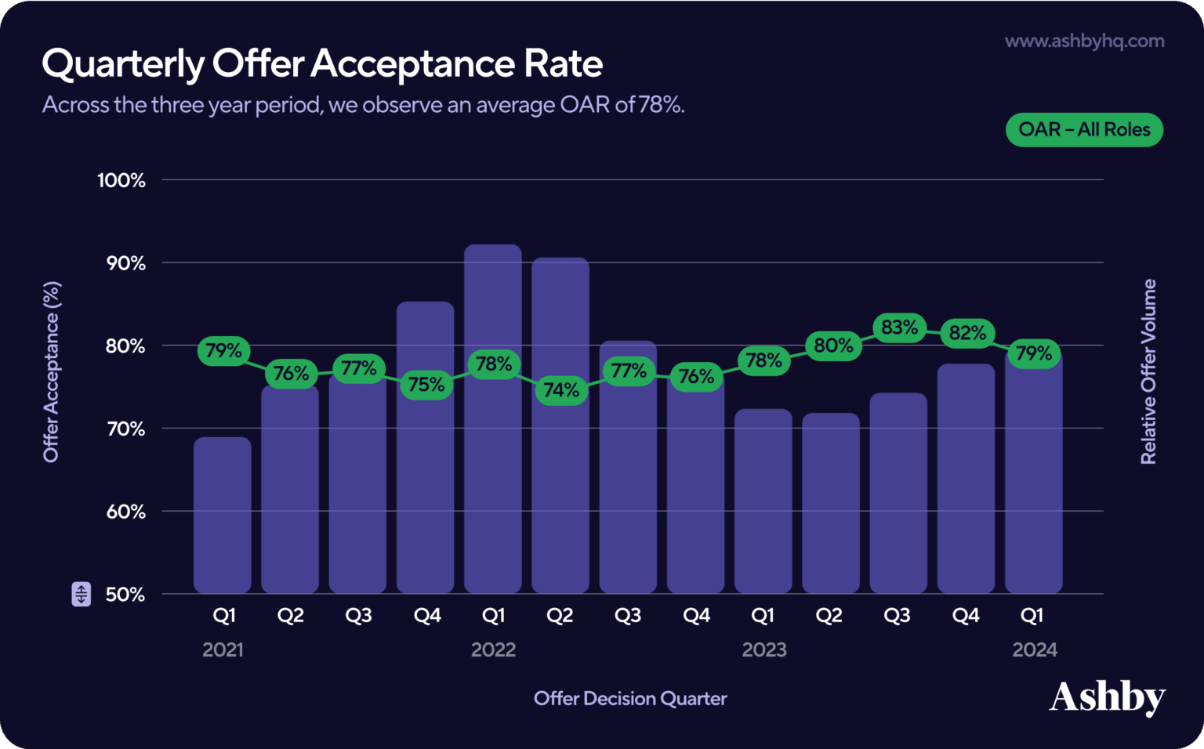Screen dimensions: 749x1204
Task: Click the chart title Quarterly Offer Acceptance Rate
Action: [322, 63]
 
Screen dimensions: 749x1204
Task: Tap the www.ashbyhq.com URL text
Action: [1084, 41]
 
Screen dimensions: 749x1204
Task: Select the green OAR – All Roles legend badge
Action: [1084, 130]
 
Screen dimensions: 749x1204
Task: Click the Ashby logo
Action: [1107, 697]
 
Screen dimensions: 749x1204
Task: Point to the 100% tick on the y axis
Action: [121, 180]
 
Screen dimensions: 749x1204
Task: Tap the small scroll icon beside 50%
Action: [82, 594]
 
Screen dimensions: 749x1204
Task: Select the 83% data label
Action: [899, 327]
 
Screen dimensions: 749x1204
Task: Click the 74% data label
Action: [561, 389]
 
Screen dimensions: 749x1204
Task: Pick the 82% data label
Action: [967, 333]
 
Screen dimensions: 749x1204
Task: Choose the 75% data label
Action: [426, 385]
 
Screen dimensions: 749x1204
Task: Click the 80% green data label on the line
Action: [832, 346]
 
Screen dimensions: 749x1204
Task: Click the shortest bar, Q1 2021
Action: [223, 517]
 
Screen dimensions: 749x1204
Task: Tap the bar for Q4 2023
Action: [966, 486]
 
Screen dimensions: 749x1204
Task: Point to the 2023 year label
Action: [764, 649]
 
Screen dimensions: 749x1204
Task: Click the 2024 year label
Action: [1034, 649]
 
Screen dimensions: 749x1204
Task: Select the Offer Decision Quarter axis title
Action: [630, 698]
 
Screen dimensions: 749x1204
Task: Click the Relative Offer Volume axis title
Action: [1148, 371]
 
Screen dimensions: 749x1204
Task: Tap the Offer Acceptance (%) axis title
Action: [52, 371]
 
